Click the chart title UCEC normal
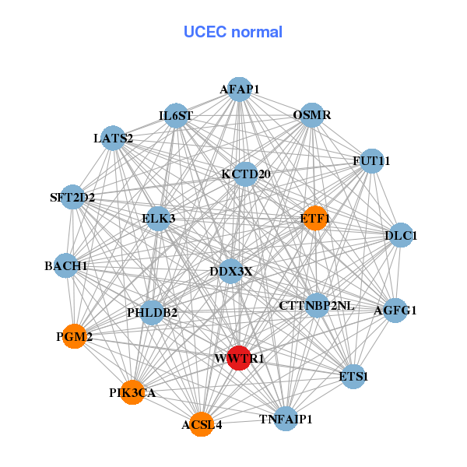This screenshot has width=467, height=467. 233,32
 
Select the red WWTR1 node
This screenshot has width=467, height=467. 239,358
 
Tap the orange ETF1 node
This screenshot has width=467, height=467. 315,219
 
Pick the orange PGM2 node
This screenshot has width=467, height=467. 74,336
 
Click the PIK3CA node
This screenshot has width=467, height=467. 133,393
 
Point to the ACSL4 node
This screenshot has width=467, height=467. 202,424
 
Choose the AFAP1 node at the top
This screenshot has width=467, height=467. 239,90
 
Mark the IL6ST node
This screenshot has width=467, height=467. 176,116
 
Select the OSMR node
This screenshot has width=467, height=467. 312,115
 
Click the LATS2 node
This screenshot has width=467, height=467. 114,139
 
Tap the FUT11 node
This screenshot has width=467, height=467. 371,161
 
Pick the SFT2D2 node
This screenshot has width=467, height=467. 72,197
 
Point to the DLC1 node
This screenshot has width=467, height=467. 400,235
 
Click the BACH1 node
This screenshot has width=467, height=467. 66,266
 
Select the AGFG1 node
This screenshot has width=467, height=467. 395,310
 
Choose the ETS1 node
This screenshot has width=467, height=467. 353,376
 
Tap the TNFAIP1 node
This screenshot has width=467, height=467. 286,419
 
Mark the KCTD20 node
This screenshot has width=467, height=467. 245,174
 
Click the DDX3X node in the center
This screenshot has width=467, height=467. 231,271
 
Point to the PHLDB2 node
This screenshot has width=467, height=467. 153,313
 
